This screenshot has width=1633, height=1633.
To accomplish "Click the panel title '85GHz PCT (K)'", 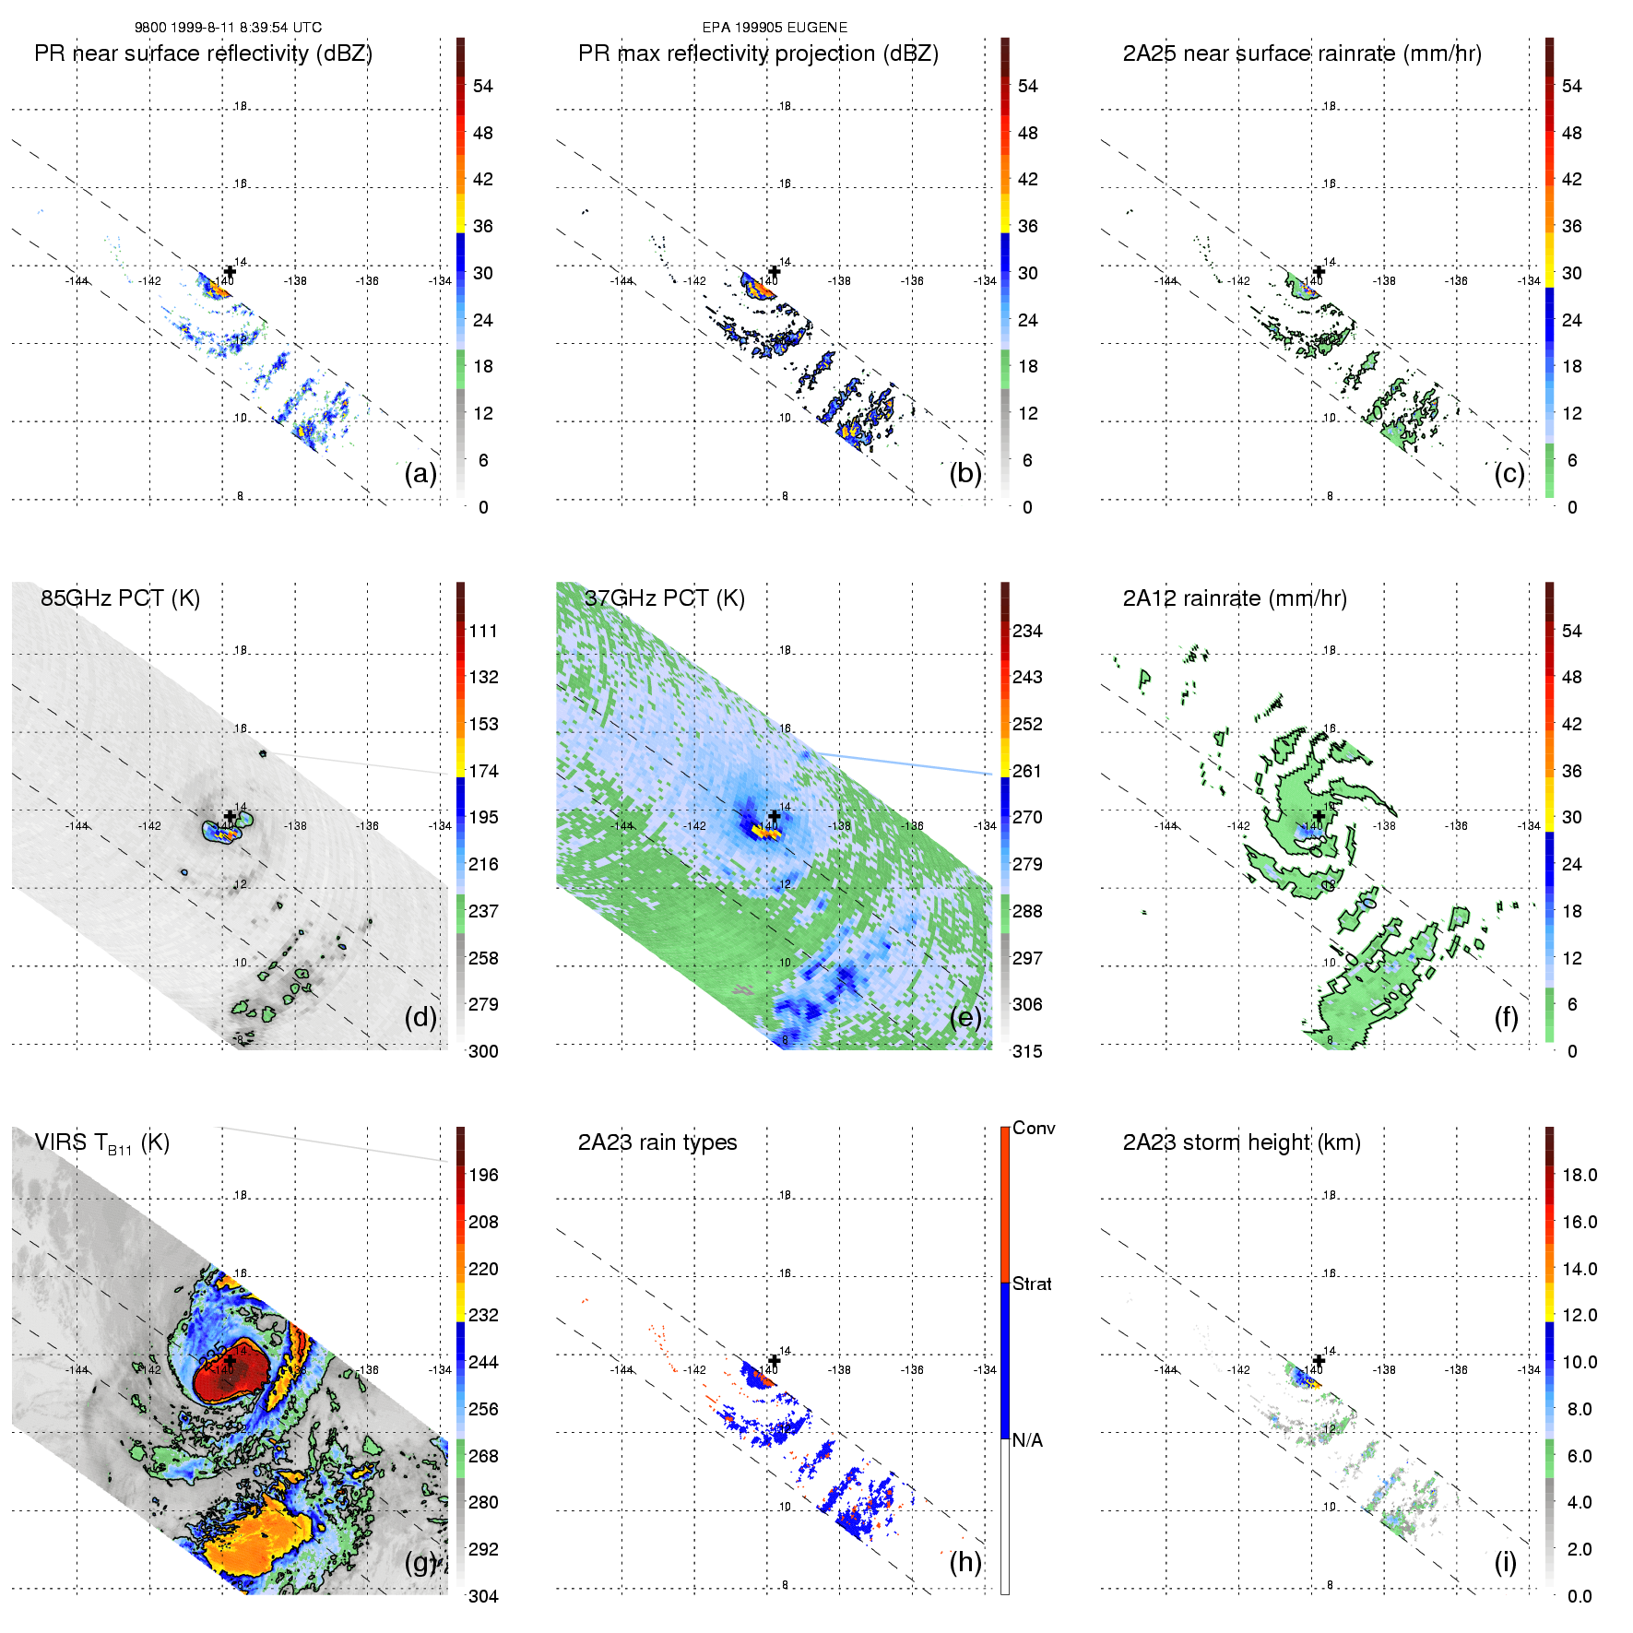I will [x=120, y=598].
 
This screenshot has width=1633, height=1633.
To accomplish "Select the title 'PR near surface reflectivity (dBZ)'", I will [x=203, y=53].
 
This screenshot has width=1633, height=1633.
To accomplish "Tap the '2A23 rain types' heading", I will [x=657, y=1142].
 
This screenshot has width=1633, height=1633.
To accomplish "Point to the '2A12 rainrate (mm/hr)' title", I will [x=1234, y=598].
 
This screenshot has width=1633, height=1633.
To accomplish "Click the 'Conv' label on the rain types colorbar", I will [x=1033, y=1128].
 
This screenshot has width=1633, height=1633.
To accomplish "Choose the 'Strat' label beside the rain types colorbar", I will [x=1032, y=1284].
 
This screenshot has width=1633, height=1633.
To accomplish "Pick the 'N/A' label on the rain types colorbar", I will [x=1028, y=1439].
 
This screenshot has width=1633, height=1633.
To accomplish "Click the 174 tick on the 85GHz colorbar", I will [x=483, y=771].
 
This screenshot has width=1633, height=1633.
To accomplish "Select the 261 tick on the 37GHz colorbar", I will [x=1027, y=771].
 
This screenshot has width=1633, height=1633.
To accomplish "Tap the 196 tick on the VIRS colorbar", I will [x=483, y=1175].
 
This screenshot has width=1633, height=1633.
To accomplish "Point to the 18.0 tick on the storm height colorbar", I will [x=1579, y=1175].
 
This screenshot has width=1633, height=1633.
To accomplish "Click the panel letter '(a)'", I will [x=420, y=473].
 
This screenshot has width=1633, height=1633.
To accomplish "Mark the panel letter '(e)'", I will [x=965, y=1017].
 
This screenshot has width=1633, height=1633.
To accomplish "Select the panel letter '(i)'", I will [x=1505, y=1562].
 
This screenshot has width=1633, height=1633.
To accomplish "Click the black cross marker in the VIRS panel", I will [x=230, y=1360].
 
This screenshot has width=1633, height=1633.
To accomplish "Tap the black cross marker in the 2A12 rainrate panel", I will [x=1319, y=816].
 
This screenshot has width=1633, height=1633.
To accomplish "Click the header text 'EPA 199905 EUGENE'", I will [x=775, y=28].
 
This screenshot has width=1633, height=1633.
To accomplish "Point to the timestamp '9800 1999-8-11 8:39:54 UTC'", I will [x=228, y=28].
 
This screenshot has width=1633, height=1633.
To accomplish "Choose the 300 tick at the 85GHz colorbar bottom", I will [x=483, y=1051].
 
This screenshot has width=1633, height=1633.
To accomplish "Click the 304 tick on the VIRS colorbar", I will [x=483, y=1596].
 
